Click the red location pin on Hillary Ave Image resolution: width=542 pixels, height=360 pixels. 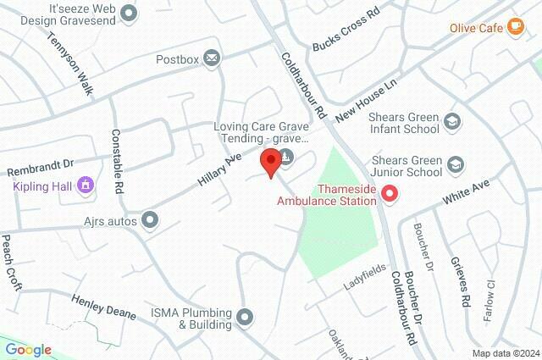pos(270,161)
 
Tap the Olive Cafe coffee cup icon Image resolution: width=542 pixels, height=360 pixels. pos(515,27)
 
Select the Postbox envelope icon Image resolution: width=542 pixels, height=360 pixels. pos(212,58)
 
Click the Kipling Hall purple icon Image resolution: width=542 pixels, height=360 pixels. pos(85,184)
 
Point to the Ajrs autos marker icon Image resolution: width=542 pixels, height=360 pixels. pos(150,220)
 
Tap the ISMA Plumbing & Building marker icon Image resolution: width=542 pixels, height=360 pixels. pos(246,317)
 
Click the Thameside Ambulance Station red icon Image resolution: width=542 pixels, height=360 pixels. pos(390,194)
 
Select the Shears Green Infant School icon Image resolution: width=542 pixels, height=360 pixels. pos(452,121)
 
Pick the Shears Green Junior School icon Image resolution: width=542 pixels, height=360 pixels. pos(456,163)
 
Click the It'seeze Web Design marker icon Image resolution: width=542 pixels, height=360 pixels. pos(129,13)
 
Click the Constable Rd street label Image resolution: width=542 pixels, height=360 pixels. pos(118,159)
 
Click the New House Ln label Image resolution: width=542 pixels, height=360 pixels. pos(367,98)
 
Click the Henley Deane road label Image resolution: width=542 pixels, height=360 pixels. pos(104,307)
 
